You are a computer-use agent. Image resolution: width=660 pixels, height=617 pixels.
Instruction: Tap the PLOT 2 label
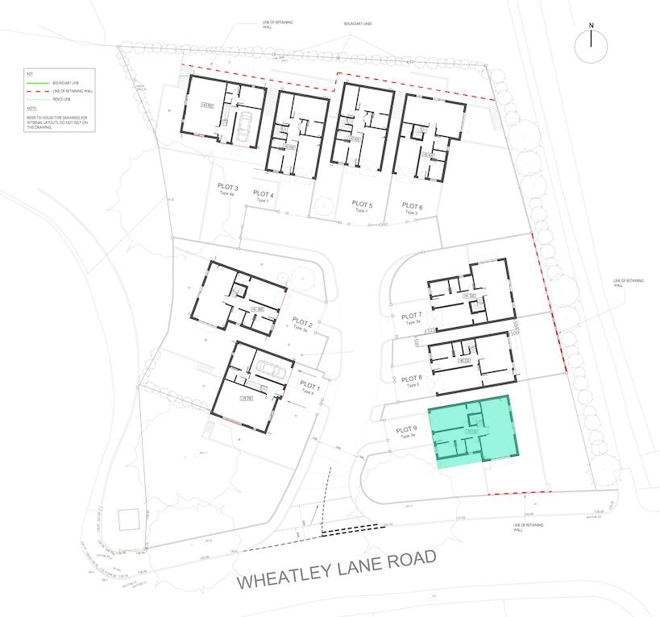pyautogui.click(x=301, y=323)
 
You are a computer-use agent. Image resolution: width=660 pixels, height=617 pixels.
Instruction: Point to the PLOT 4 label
pyautogui.click(x=264, y=194)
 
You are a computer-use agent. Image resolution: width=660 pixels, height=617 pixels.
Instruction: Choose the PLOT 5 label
pyautogui.click(x=363, y=205)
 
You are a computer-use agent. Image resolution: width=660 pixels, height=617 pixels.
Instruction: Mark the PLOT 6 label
pyautogui.click(x=412, y=206)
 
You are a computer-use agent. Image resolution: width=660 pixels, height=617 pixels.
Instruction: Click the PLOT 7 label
pyautogui.click(x=411, y=316)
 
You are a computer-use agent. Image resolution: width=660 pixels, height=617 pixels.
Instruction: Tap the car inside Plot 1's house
pyautogui.click(x=268, y=369)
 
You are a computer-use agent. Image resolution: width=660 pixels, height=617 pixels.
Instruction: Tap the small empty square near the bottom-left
pyautogui.click(x=129, y=520)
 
